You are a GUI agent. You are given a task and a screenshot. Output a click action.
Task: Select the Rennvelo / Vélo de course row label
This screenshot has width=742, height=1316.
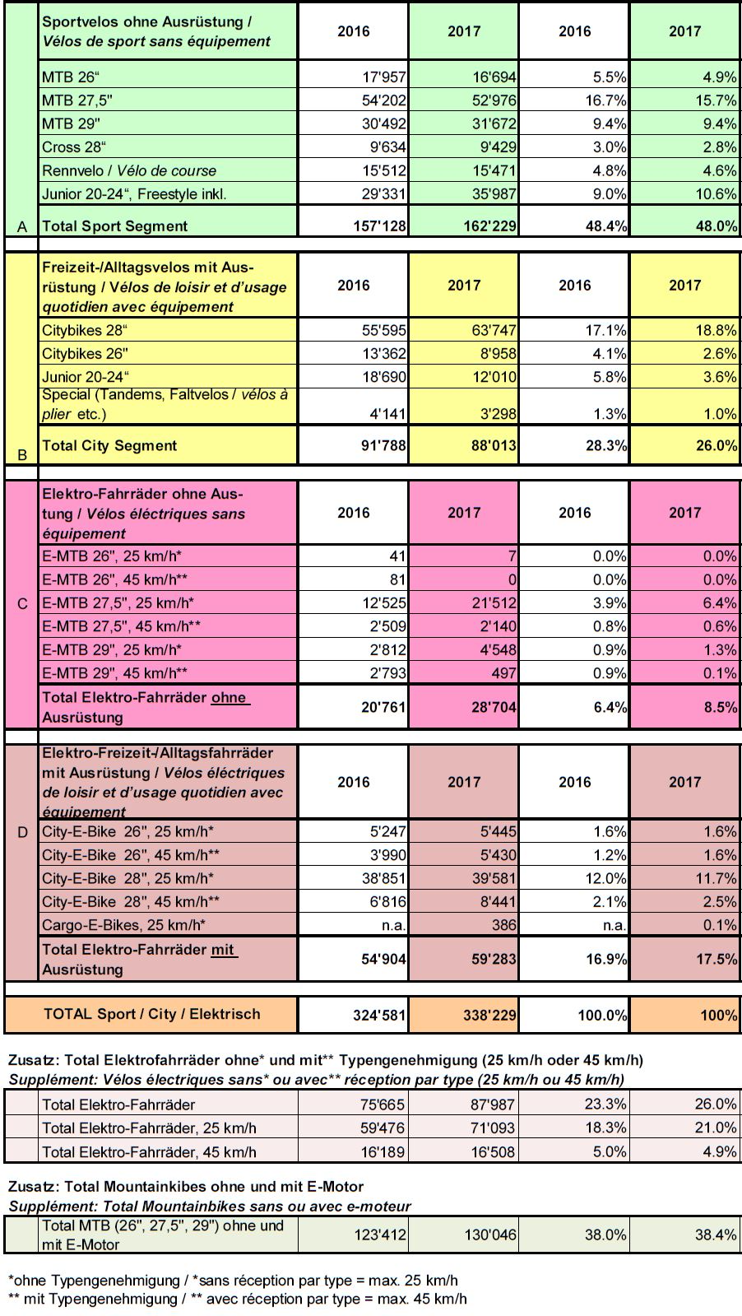(x=129, y=171)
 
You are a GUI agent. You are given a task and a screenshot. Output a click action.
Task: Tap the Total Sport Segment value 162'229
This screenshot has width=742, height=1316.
(x=489, y=226)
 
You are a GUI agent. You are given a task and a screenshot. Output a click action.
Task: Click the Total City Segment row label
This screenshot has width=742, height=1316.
(x=109, y=446)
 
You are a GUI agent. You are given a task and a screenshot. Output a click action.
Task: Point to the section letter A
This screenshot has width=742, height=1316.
(x=22, y=226)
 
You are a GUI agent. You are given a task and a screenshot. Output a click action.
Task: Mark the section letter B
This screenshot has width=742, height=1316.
(x=22, y=454)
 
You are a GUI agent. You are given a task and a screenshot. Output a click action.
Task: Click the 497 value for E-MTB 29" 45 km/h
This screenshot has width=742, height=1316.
(x=503, y=673)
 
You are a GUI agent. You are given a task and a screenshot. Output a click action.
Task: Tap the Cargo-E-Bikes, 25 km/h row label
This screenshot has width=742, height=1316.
(x=123, y=925)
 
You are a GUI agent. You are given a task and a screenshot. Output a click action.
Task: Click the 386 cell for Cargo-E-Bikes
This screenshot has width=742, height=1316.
(x=503, y=925)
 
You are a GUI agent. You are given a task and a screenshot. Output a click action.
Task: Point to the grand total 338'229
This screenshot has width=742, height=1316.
(x=489, y=1016)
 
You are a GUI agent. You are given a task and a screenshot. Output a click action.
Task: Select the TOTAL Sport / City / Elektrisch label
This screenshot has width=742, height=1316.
(x=151, y=1014)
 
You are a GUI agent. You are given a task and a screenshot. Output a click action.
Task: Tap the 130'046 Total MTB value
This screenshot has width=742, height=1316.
(x=489, y=1235)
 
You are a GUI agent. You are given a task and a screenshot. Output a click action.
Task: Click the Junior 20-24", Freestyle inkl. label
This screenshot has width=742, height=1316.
(x=134, y=194)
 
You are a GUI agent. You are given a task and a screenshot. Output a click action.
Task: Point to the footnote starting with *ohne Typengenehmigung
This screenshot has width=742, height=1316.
(x=233, y=1281)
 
